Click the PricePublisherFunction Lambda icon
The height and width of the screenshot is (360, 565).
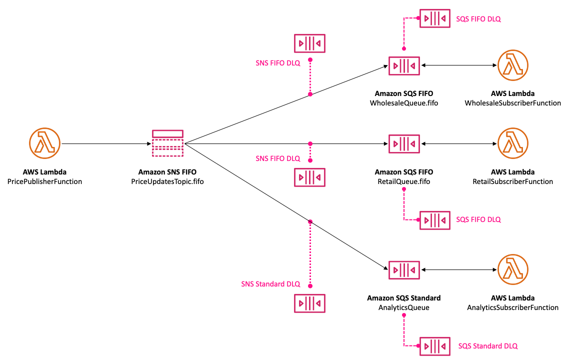pos(45,143)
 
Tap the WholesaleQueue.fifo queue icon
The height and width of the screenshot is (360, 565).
pos(404,65)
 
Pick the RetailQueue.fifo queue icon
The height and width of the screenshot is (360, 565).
pos(404,143)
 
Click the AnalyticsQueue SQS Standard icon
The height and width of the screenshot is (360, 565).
pos(404,270)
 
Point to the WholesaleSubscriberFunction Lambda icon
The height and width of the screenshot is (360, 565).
pos(512,65)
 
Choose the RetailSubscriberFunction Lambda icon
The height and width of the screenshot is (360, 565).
pos(512,143)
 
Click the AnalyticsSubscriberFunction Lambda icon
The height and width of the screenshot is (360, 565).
pos(512,270)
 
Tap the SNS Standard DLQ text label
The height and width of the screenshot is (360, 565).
pos(270,284)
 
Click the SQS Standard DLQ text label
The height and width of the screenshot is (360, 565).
pos(488,346)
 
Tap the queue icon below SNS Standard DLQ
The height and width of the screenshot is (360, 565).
pos(310,303)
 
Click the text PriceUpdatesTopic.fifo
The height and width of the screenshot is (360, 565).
pos(167,181)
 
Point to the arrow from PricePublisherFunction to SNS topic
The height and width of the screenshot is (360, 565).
pos(105,143)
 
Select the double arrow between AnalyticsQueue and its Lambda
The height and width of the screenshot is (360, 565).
pos(458,270)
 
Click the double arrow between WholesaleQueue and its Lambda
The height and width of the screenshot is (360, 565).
pos(458,65)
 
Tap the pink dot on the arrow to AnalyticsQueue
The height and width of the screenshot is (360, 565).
pos(310,221)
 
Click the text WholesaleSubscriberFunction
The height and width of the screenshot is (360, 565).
pos(512,103)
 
